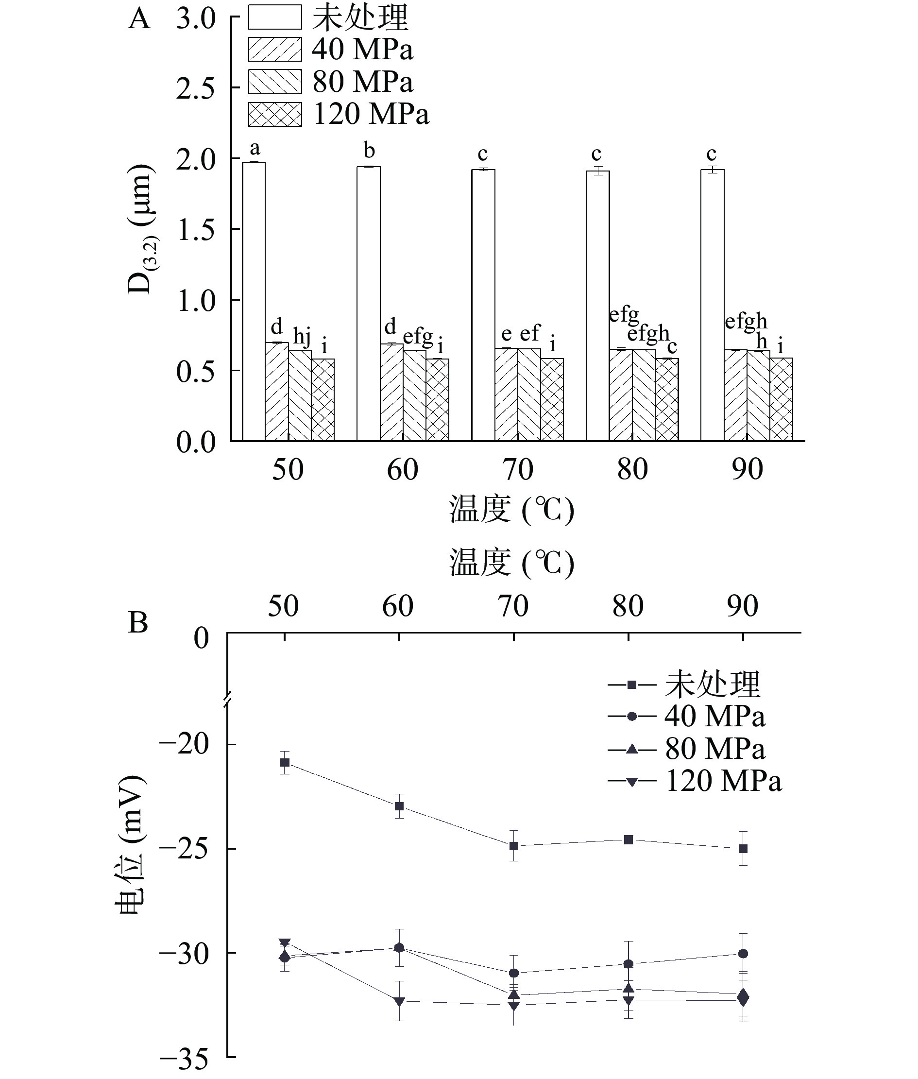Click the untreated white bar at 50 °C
pos(254,302)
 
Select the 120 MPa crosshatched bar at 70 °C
pos(552,400)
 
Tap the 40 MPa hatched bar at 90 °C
pos(735,395)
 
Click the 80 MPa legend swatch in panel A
pos(275,82)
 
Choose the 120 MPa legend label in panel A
pos(371,114)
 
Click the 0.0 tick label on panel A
pos(196,443)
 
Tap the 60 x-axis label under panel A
pos(402,469)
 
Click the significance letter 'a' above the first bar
pos(255,148)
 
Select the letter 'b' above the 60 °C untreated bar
pos(369,151)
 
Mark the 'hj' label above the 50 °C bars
pos(302,337)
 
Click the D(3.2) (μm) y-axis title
pos(140,229)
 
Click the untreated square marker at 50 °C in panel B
pos(285,763)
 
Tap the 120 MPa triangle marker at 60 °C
pos(399,1001)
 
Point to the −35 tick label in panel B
pos(184,1059)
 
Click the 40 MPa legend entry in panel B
pos(687,717)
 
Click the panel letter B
pos(138,622)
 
